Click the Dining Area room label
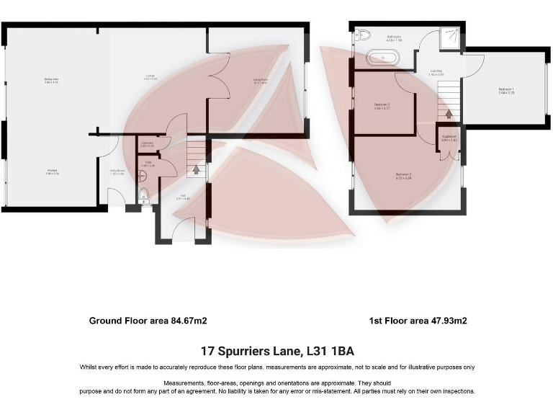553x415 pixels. pos(51,80)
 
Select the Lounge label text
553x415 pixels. pos(150,76)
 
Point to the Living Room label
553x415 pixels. pos(260,81)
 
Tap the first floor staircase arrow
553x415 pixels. pos(449,113)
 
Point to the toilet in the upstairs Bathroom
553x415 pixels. pos(363,35)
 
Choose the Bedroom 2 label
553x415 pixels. pos(403,176)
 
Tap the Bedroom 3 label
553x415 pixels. pos(382,107)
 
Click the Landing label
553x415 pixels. pos(436,72)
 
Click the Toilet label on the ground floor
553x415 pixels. pos(147,164)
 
